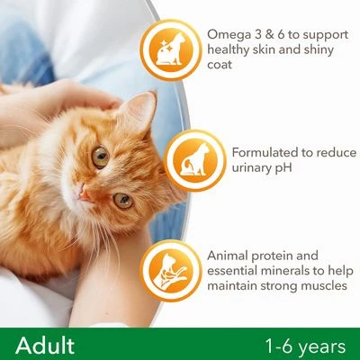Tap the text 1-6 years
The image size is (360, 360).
click(305, 345)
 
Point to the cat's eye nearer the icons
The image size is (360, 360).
click(123, 200)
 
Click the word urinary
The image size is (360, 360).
click(252, 168)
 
